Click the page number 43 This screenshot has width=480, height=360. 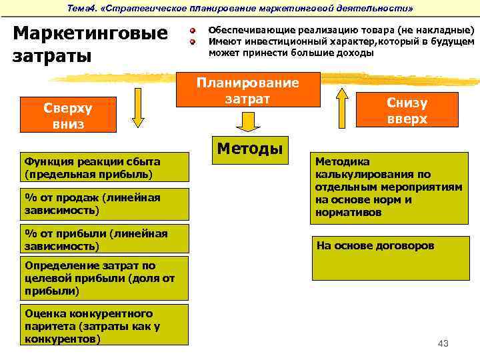pyautogui.click(x=443, y=343)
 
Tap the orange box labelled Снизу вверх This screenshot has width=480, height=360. pyautogui.click(x=407, y=110)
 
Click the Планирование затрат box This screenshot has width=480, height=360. pyautogui.click(x=247, y=91)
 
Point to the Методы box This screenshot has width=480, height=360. pyautogui.click(x=247, y=148)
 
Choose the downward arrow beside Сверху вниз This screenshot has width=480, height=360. pyautogui.click(x=138, y=107)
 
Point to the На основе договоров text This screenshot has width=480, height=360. pyautogui.click(x=375, y=245)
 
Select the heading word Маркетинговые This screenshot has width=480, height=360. pyautogui.click(x=90, y=33)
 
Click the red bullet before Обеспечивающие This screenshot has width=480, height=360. pyautogui.click(x=191, y=31)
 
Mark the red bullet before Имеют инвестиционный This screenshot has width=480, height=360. pyautogui.click(x=191, y=41)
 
